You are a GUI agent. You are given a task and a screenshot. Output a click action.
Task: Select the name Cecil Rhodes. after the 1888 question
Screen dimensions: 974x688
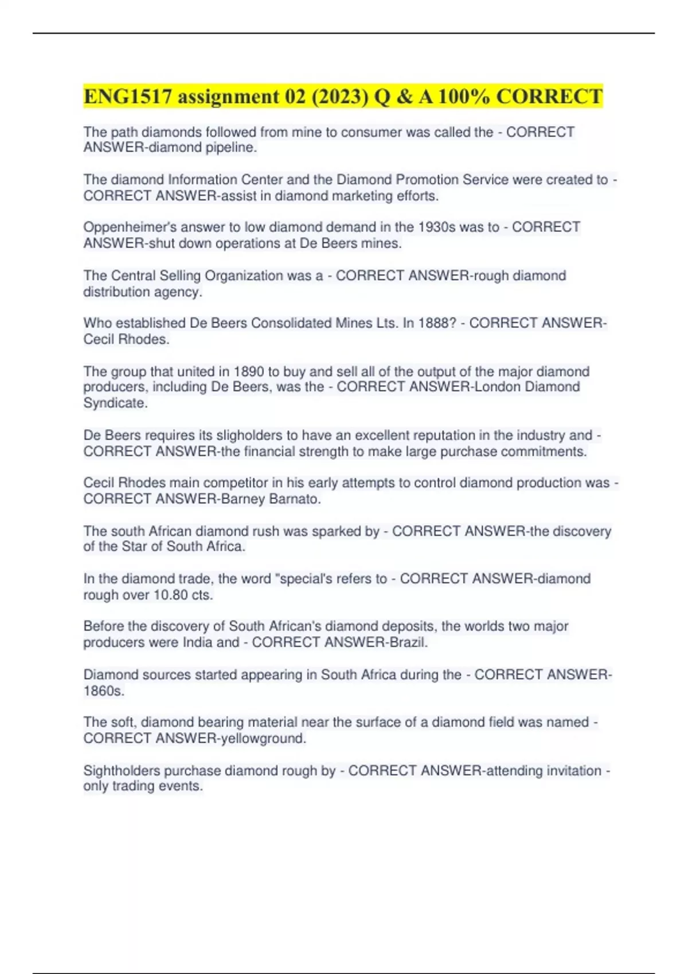tap(126, 339)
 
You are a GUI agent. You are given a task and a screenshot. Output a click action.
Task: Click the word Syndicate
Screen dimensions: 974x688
tap(115, 403)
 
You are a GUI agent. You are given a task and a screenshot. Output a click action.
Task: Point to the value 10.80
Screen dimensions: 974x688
tap(170, 595)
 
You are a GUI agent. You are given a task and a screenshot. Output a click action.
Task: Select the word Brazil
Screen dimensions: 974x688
tap(408, 643)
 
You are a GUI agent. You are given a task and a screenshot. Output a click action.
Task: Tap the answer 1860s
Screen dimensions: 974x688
tap(103, 691)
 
